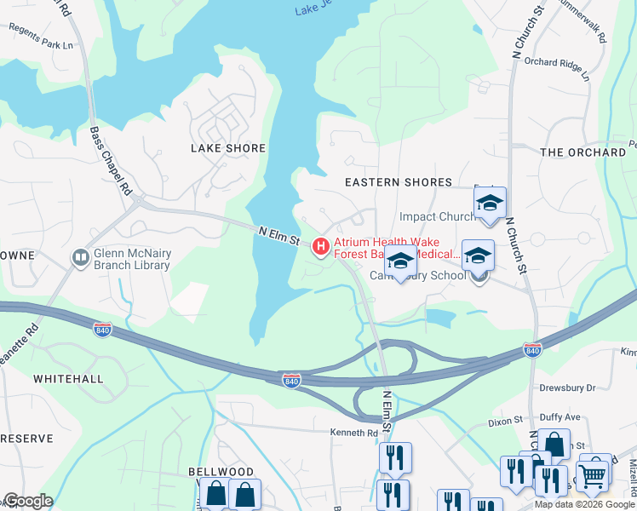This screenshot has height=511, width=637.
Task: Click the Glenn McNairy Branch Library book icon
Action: click(x=81, y=257)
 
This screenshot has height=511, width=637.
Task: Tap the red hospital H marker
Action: click(x=321, y=247)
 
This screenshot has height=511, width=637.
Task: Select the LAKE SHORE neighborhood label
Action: click(x=228, y=148)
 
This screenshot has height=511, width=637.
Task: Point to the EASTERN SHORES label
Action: click(x=398, y=182)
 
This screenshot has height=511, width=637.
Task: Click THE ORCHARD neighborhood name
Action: click(x=583, y=152)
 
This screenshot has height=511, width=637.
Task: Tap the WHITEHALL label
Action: click(x=68, y=378)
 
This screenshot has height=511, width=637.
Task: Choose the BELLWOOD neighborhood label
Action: click(x=221, y=472)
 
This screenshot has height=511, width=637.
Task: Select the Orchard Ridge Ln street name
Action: click(x=557, y=68)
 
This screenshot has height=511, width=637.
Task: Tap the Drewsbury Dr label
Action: click(x=567, y=388)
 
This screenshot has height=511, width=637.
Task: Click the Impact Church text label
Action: click(x=438, y=216)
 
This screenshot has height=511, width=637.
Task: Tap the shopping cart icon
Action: click(x=593, y=474)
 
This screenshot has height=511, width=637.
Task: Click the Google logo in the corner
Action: click(x=28, y=501)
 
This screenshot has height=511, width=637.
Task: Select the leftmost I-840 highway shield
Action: click(x=102, y=330)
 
